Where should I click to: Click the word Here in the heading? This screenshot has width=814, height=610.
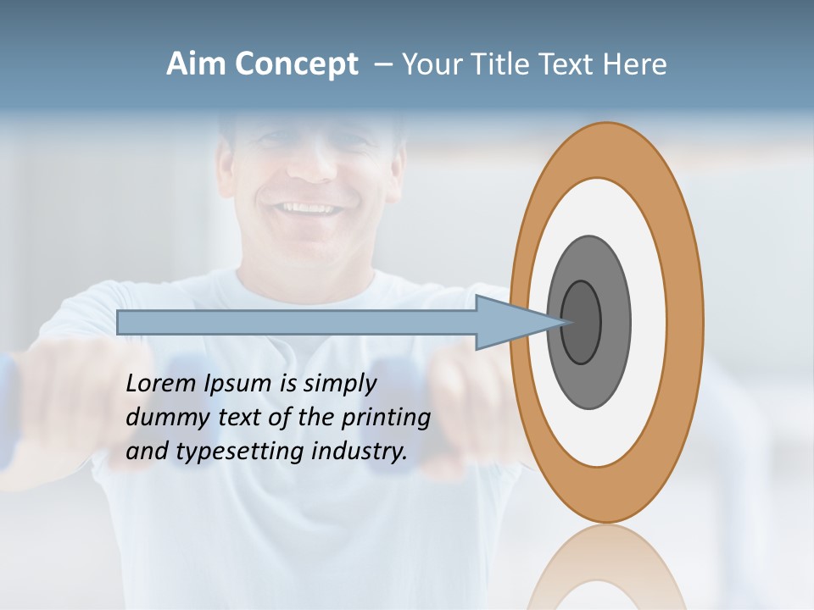pos(635,64)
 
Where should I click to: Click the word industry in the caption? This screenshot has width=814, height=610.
pos(360,452)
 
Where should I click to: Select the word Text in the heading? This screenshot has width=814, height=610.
pos(567,64)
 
